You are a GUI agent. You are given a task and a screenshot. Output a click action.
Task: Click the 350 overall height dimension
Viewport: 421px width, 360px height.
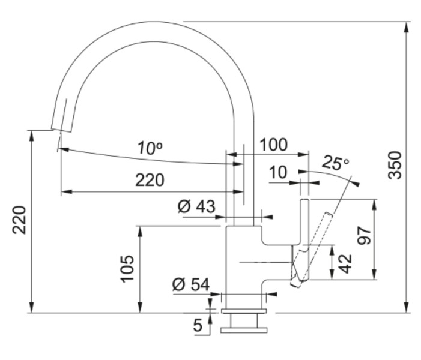point(394,164)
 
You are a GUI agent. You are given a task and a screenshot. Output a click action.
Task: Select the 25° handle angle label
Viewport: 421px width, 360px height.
point(335,162)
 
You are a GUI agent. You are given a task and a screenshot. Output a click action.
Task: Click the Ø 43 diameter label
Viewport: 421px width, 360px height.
point(196,208)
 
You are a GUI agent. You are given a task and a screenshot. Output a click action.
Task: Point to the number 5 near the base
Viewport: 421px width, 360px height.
point(198,326)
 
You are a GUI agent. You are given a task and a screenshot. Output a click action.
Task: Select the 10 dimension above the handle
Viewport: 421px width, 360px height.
point(278,173)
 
